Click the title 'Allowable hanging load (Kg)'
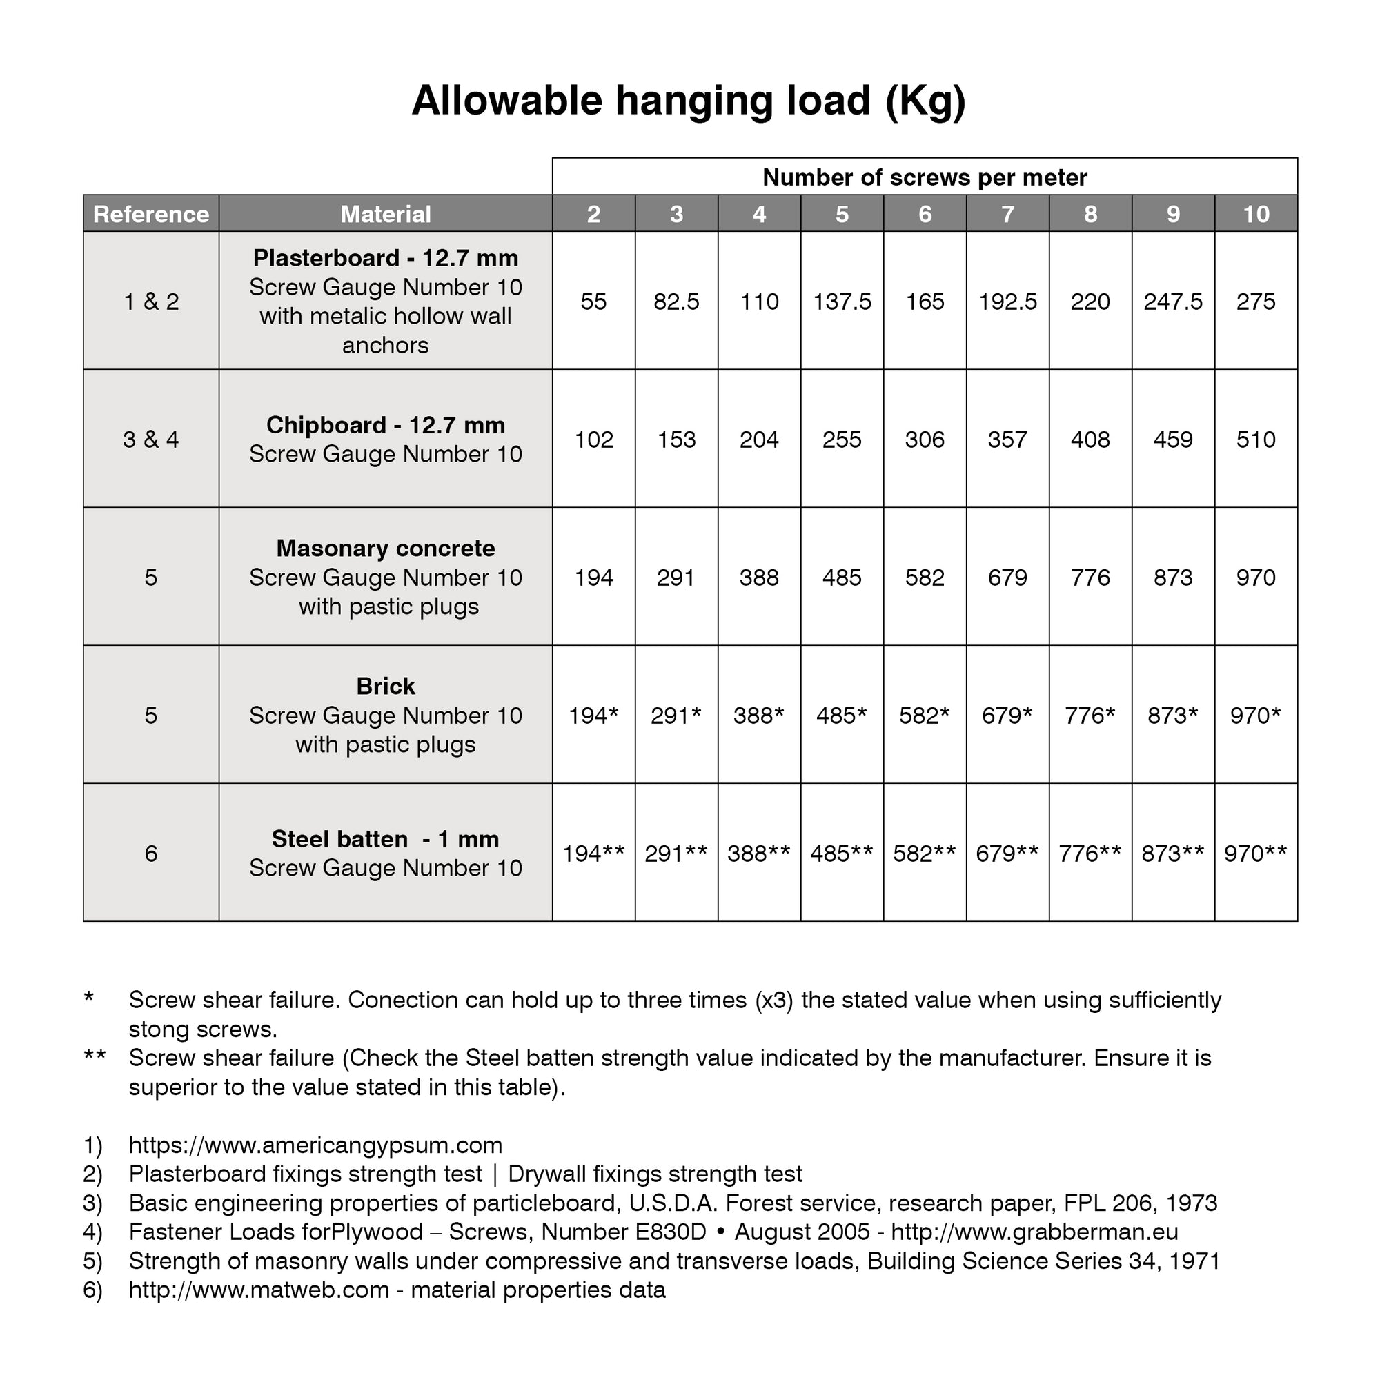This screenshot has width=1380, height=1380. click(689, 100)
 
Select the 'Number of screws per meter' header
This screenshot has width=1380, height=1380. click(925, 177)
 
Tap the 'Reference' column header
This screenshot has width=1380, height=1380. click(150, 214)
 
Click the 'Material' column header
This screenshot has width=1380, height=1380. click(385, 214)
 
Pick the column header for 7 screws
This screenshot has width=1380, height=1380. click(1007, 214)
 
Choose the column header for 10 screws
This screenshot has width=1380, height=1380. click(1256, 214)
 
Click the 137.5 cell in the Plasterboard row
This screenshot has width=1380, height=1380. click(842, 302)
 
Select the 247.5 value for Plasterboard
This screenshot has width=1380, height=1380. click(1173, 302)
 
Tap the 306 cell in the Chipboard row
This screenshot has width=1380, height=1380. click(925, 440)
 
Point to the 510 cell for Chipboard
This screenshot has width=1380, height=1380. click(1256, 440)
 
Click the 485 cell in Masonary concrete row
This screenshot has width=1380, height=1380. click(842, 577)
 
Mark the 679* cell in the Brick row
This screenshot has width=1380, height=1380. click(1007, 715)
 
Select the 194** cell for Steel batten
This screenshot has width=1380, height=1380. click(593, 854)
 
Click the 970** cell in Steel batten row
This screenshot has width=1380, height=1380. click(1256, 854)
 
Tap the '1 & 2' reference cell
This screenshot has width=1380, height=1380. click(150, 302)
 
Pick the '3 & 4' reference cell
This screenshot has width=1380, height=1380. click(150, 440)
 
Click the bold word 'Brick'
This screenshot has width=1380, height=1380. click(385, 687)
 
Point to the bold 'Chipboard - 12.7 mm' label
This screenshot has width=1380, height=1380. click(385, 425)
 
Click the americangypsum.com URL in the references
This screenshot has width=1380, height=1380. click(315, 1145)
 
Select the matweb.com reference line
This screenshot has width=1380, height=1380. click(397, 1290)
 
